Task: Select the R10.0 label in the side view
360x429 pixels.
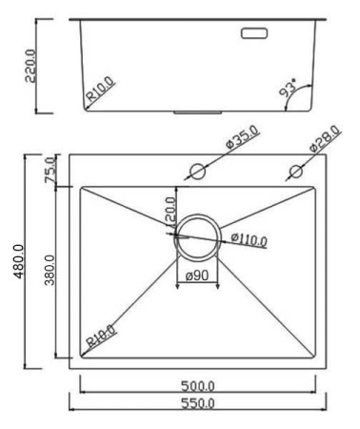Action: tap(101, 93)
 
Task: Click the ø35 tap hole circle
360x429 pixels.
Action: tap(197, 173)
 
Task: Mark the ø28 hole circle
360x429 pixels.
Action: tap(296, 172)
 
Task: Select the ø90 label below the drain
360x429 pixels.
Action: tap(197, 276)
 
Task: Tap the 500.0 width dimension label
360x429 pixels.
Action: tap(198, 385)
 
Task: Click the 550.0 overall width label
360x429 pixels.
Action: tap(198, 404)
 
